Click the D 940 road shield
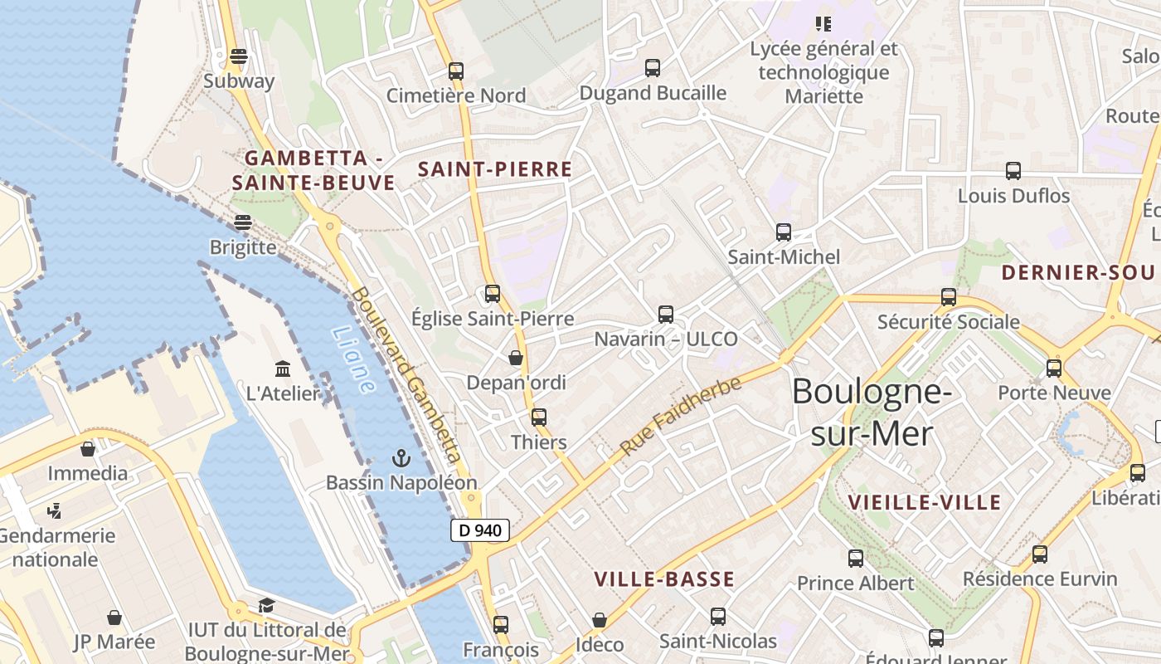[480, 530]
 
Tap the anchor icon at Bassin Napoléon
[401, 458]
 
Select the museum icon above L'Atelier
[283, 369]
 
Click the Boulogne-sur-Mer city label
[871, 413]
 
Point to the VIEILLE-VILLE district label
[925, 502]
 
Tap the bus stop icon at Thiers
[539, 417]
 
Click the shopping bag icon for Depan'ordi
[516, 358]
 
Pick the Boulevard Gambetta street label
[406, 374]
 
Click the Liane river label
[352, 359]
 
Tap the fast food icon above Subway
[239, 56]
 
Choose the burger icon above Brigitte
[243, 222]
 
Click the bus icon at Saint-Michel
[784, 232]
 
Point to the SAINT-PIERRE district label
[495, 169]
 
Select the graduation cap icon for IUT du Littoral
[266, 606]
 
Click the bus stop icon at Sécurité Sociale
[949, 297]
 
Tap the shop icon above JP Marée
[114, 618]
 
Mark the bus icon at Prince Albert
[856, 559]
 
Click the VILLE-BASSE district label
[664, 579]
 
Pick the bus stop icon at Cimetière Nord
[456, 71]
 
